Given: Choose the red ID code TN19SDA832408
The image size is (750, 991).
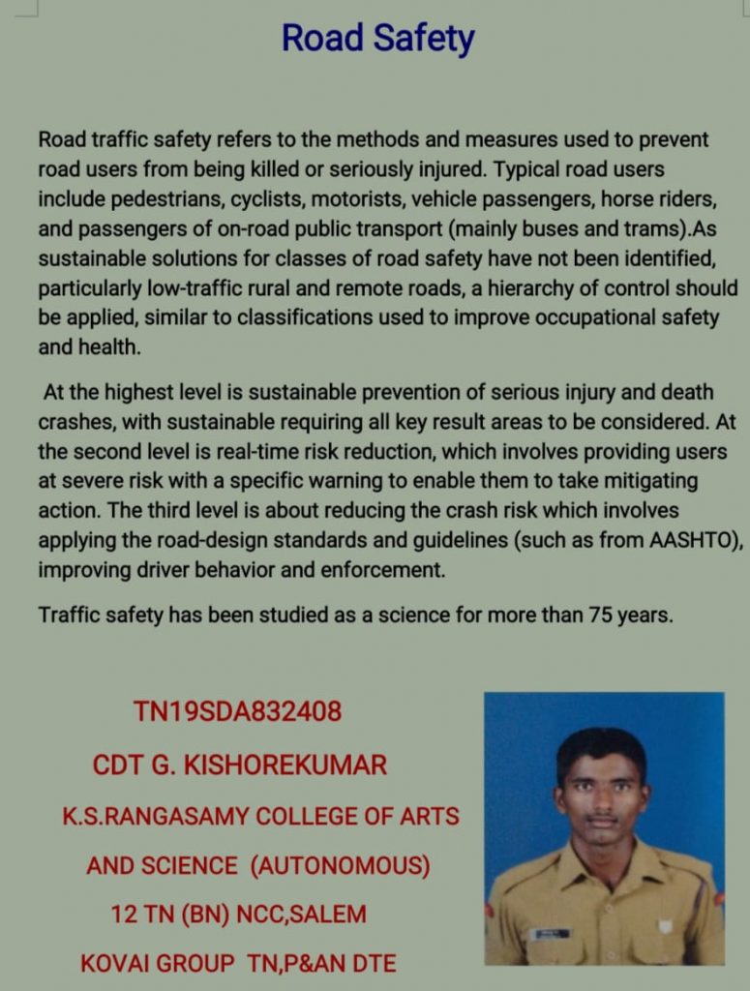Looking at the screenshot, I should coord(237,712).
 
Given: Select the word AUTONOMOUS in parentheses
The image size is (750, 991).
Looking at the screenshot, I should coord(340,865).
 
